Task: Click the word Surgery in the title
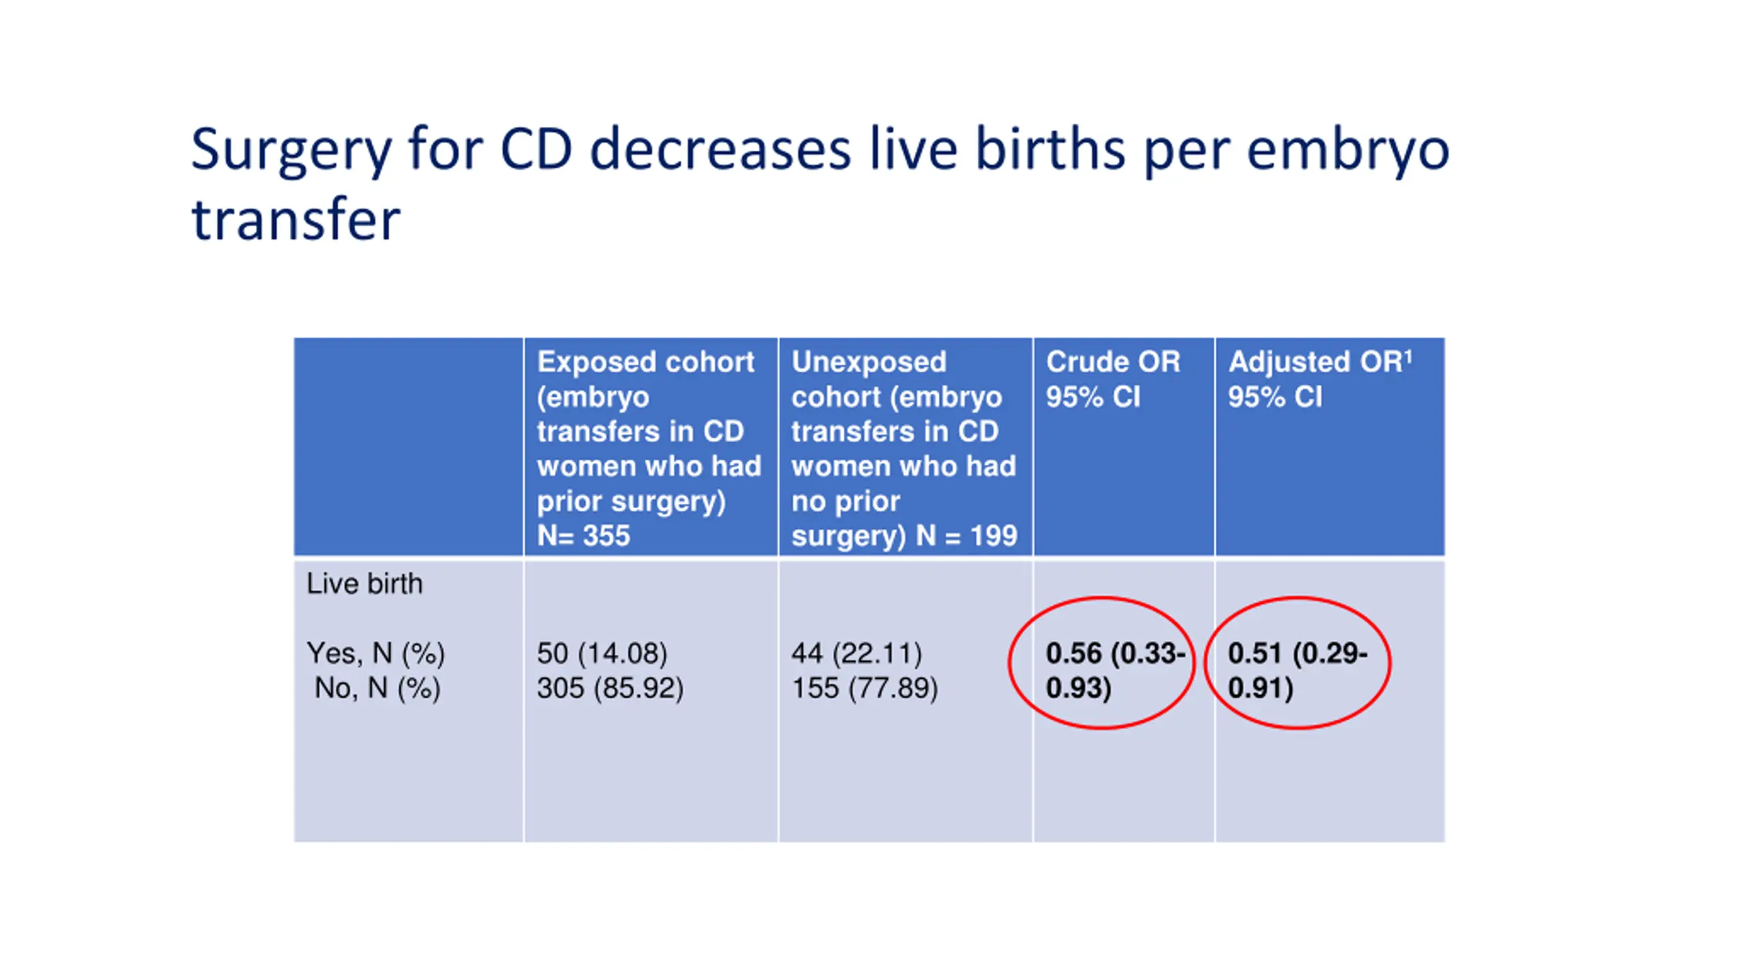pyautogui.click(x=291, y=151)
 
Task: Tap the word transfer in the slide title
pyautogui.click(x=295, y=220)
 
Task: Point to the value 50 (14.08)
pyautogui.click(x=602, y=653)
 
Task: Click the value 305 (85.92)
pyautogui.click(x=610, y=688)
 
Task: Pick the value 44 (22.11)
pyautogui.click(x=857, y=653)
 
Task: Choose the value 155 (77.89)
pyautogui.click(x=865, y=688)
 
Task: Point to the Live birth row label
pyautogui.click(x=364, y=583)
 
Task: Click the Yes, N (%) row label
pyautogui.click(x=376, y=653)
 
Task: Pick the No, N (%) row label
pyautogui.click(x=377, y=688)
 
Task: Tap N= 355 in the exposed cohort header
pyautogui.click(x=584, y=536)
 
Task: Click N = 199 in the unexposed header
pyautogui.click(x=966, y=536)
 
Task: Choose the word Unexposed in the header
pyautogui.click(x=869, y=362)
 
